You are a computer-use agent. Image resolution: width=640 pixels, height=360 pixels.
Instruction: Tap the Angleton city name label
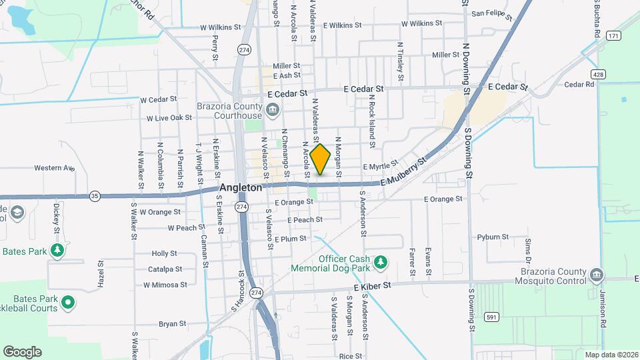pyautogui.click(x=241, y=188)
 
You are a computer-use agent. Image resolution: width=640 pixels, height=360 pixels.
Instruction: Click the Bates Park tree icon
pyautogui.click(x=58, y=251)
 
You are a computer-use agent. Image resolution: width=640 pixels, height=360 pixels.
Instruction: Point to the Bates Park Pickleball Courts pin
pyautogui.click(x=67, y=303)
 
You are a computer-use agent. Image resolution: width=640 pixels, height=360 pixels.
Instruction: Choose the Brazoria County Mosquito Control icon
pyautogui.click(x=597, y=273)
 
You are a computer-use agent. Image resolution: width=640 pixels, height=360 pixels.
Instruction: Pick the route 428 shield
pyautogui.click(x=601, y=75)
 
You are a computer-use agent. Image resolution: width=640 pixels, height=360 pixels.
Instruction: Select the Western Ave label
pyautogui.click(x=54, y=168)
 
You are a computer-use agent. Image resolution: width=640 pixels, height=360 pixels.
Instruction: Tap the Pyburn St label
pyautogui.click(x=493, y=237)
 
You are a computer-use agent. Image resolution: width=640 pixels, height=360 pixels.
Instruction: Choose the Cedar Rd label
pyautogui.click(x=579, y=85)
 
